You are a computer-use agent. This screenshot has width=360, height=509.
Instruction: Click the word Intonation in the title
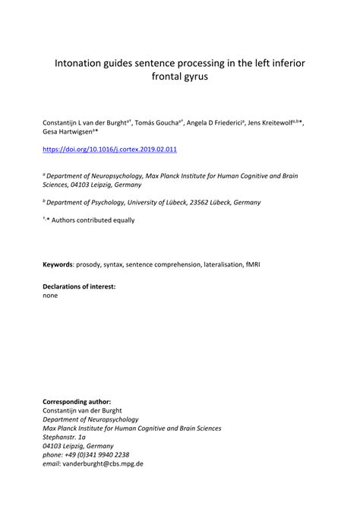81,62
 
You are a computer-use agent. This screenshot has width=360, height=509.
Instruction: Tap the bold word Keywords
58,266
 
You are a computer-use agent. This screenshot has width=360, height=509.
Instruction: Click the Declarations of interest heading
79,286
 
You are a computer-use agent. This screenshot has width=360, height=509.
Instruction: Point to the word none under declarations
51,295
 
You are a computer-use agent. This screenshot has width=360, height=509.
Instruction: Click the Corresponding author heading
77,400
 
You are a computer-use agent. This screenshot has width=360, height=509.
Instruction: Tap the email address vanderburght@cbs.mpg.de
103,463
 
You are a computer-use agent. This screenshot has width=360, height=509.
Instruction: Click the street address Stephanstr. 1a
65,437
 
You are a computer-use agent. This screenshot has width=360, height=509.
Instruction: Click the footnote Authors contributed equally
93,220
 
